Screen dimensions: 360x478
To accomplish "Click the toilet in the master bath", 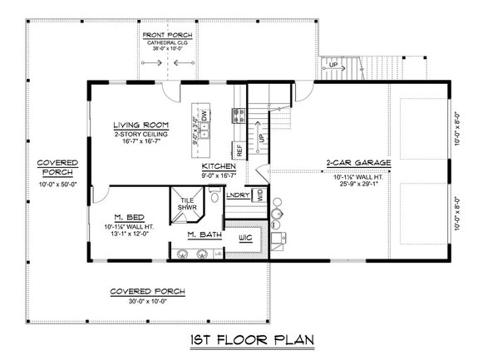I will click(x=214, y=197).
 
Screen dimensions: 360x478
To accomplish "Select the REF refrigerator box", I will click(x=239, y=150).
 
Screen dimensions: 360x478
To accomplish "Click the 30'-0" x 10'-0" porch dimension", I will click(x=146, y=301).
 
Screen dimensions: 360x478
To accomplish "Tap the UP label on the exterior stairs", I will click(x=335, y=63).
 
